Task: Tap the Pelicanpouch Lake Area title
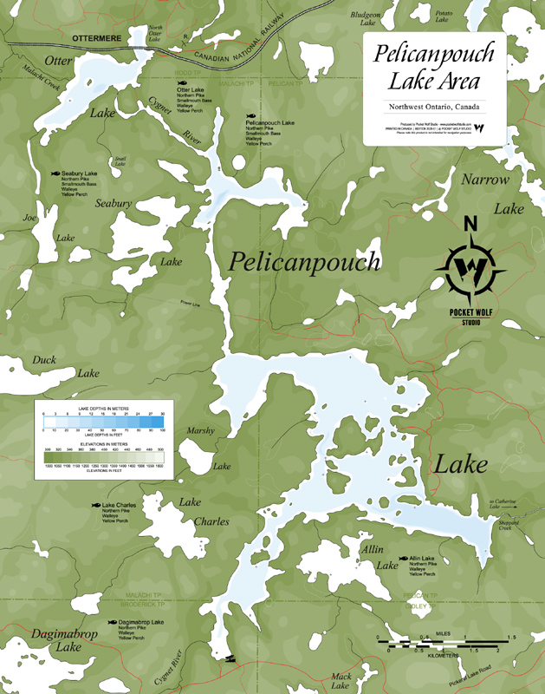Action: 433,68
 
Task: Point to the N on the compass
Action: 470,222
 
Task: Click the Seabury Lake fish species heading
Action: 79,173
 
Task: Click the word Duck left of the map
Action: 43,360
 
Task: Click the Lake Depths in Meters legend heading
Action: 102,407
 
